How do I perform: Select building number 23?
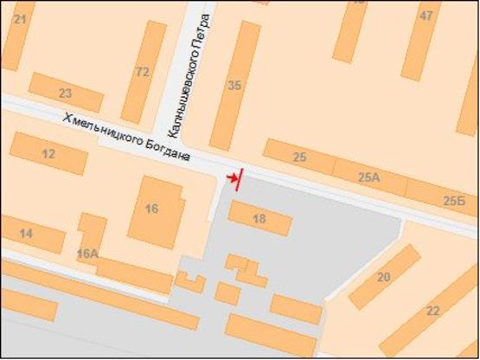click(65, 93)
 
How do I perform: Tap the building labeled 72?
click(144, 72)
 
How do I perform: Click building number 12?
click(49, 154)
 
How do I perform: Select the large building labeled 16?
click(154, 210)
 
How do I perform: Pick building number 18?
click(259, 219)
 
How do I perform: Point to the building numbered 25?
click(300, 157)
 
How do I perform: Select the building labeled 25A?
click(369, 178)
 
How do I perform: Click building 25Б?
click(443, 199)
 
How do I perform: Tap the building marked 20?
click(384, 277)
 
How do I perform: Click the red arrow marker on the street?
click(234, 178)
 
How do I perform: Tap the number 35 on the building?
click(234, 85)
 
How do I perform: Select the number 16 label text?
click(152, 209)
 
